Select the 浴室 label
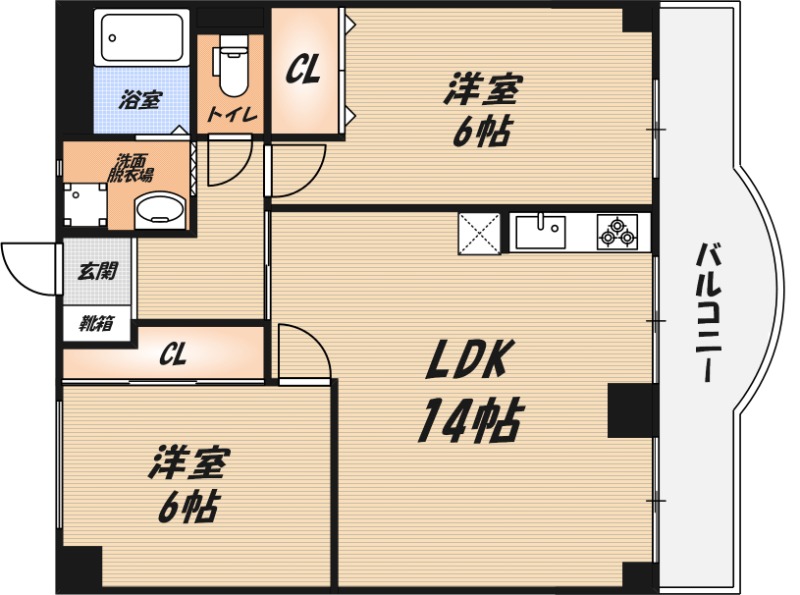click(140, 100)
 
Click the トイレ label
click(232, 115)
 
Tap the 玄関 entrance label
click(97, 270)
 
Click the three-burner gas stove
click(617, 232)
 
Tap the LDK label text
click(469, 360)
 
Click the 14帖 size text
click(469, 420)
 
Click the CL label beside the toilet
click(304, 70)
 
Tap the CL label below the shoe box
click(172, 354)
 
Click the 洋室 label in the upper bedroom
click(481, 90)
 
